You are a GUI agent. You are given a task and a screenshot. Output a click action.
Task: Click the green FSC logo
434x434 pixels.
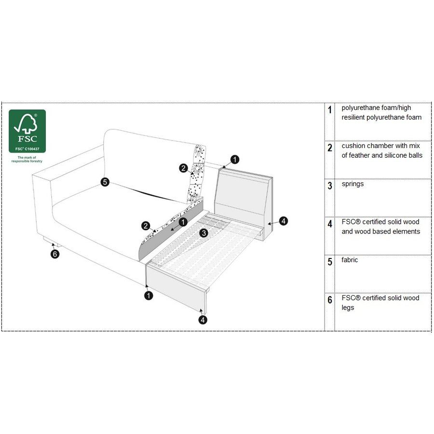(27, 131)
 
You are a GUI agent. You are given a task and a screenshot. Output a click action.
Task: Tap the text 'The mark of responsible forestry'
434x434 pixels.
(27, 159)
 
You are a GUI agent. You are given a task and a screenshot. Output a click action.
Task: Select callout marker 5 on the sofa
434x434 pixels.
(105, 182)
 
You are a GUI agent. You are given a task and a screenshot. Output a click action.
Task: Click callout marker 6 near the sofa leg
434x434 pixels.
(55, 254)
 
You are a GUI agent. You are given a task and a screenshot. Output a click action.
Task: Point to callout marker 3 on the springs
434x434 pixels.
(204, 233)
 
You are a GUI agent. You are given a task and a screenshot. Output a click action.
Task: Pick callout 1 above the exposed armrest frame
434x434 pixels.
(234, 159)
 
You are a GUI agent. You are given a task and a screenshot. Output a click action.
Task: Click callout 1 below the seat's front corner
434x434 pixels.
(149, 295)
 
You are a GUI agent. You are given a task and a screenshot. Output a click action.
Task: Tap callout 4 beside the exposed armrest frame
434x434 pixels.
(284, 221)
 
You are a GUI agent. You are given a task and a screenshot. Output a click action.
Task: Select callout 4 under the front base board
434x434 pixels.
(203, 319)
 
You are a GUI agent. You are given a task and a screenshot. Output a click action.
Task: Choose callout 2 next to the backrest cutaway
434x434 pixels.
(183, 168)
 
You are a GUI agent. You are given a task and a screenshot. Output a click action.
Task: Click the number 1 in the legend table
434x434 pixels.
(330, 110)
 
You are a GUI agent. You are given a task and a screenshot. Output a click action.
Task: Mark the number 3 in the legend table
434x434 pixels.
(330, 186)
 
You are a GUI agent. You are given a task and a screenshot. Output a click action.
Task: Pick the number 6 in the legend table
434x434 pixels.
(330, 300)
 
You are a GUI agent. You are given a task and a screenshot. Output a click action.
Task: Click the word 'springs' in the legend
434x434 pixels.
(353, 184)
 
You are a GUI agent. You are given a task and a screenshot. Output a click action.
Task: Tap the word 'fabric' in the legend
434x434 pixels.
(350, 260)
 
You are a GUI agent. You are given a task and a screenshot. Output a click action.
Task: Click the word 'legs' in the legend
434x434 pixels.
(348, 308)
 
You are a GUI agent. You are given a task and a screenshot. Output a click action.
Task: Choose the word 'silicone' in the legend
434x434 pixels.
(394, 155)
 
